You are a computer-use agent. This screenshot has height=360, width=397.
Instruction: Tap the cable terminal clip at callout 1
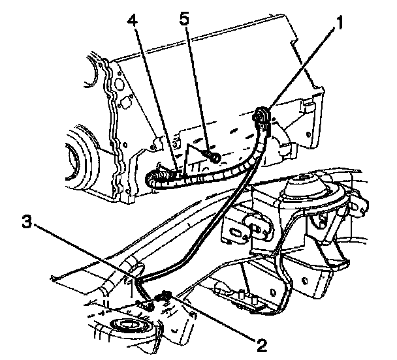(261, 118)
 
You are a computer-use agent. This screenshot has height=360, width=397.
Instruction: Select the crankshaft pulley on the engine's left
(78, 157)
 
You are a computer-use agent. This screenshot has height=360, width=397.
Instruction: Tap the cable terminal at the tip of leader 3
(148, 304)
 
